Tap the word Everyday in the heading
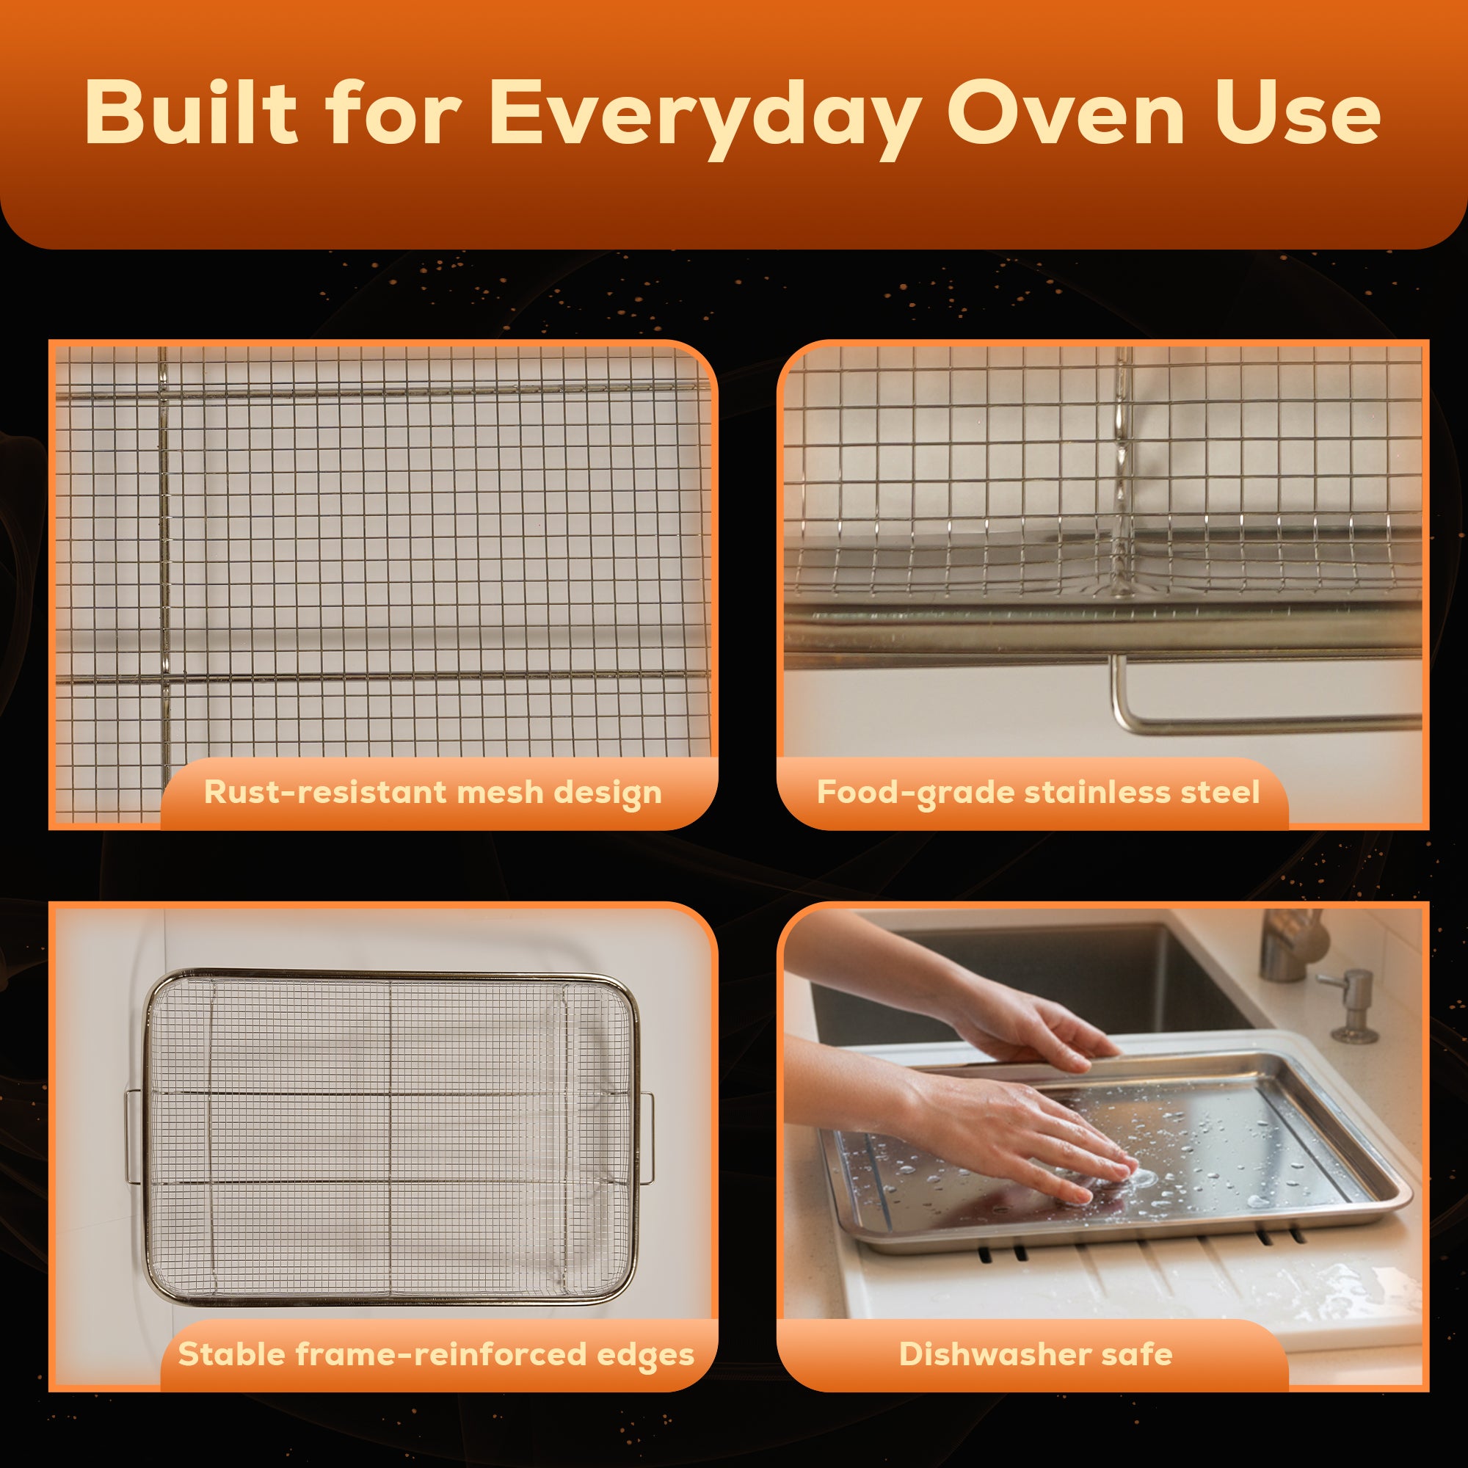(x=704, y=114)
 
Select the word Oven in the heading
(x=1064, y=112)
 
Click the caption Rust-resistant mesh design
(x=432, y=793)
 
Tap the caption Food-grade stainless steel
(x=1038, y=793)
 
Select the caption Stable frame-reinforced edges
(x=435, y=1354)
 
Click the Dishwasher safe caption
(x=1035, y=1354)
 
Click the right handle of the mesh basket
(x=647, y=1138)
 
